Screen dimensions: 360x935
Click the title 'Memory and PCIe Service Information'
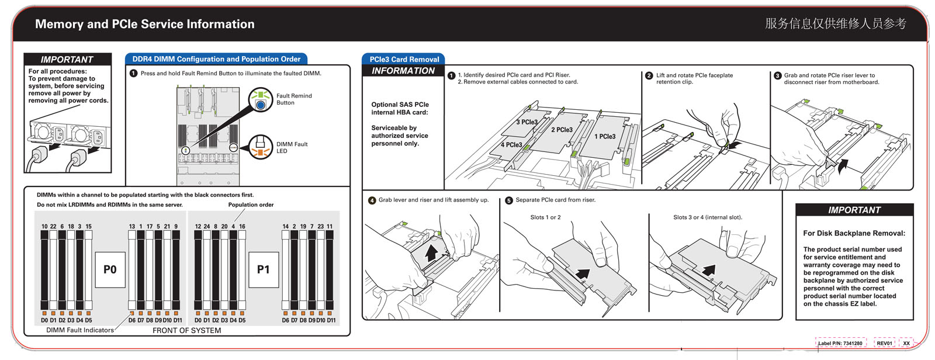[144, 24]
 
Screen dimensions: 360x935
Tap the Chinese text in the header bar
[836, 23]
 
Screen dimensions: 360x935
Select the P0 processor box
[110, 269]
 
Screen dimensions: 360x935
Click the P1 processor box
[264, 269]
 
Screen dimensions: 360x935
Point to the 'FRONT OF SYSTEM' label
[186, 330]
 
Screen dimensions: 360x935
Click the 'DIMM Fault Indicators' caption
[80, 330]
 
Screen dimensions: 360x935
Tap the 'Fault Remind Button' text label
[293, 99]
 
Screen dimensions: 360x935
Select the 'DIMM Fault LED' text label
[292, 147]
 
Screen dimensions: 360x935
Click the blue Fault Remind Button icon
[261, 104]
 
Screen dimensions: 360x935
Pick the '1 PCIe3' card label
[605, 136]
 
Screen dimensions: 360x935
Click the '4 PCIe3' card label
[511, 144]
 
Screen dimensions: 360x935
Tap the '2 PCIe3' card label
[562, 130]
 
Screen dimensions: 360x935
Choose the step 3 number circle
[777, 75]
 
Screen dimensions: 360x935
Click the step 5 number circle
[508, 200]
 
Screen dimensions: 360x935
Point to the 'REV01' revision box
[884, 343]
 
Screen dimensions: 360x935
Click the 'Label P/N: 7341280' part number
[840, 343]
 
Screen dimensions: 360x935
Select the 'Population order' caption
[251, 205]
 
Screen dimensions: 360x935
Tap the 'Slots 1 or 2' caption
[545, 217]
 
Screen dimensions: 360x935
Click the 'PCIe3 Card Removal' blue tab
[404, 59]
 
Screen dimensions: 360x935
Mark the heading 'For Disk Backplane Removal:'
[854, 233]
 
